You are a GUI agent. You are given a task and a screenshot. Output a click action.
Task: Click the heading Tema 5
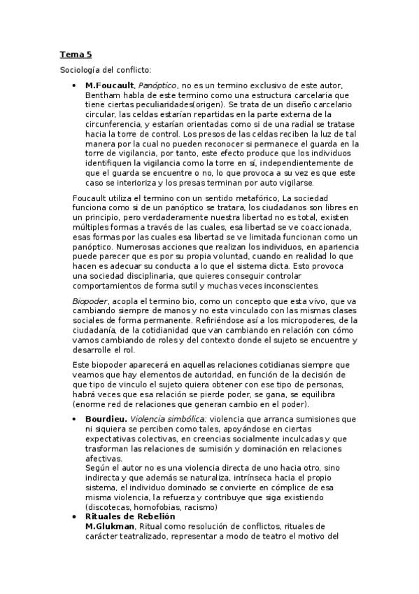click(75, 54)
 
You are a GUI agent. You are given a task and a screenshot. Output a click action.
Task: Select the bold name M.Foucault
click(109, 85)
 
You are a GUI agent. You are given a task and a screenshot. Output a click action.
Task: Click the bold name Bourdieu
click(106, 418)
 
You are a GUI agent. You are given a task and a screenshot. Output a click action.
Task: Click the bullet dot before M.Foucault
click(75, 85)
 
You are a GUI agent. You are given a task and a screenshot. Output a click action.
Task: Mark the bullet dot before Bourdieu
click(75, 418)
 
